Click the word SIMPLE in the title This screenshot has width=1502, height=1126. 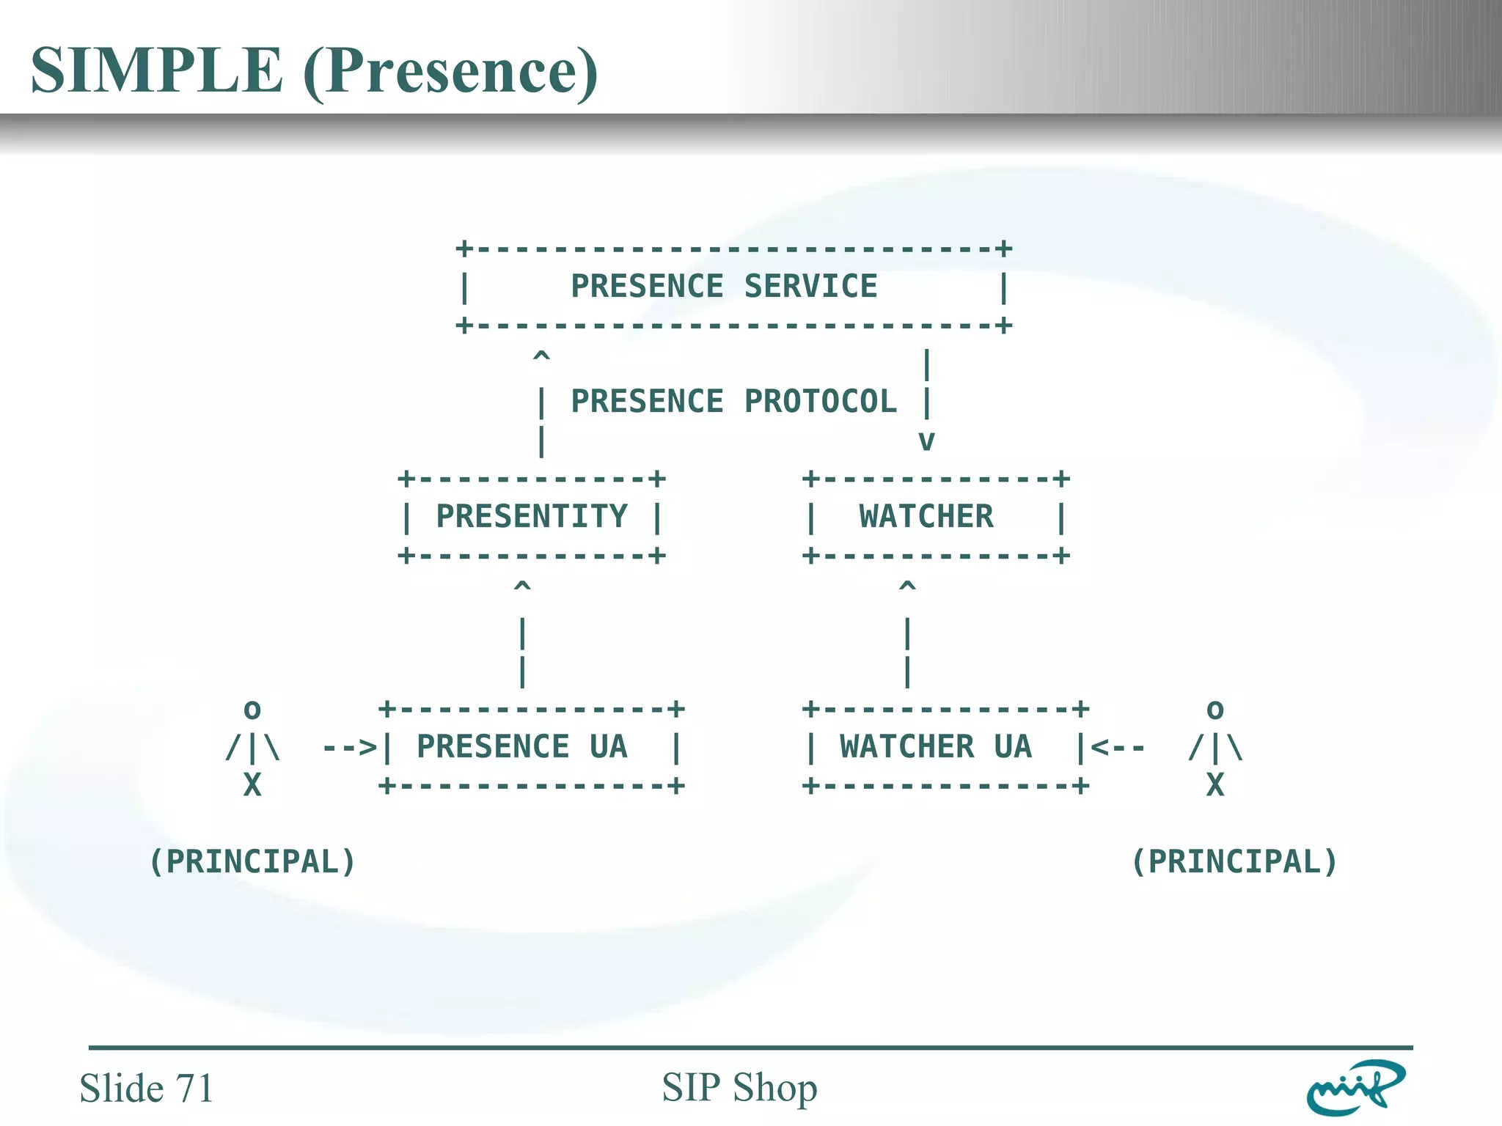(x=156, y=70)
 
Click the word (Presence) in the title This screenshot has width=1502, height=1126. (x=450, y=72)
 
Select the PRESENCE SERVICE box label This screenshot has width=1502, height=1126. (x=723, y=286)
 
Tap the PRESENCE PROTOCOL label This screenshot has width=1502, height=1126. (x=733, y=402)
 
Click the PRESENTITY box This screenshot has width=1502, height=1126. (x=531, y=517)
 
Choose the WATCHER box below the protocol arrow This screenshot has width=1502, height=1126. (x=926, y=517)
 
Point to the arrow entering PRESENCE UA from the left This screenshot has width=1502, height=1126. (x=350, y=748)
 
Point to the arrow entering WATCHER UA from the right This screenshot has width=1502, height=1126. (x=1118, y=748)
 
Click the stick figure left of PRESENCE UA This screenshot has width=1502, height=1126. (x=252, y=748)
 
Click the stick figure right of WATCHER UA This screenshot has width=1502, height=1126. (x=1215, y=748)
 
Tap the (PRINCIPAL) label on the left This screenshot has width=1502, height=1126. (x=252, y=862)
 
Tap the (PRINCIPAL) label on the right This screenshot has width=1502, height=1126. (x=1234, y=862)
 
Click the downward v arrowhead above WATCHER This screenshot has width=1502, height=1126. (x=926, y=441)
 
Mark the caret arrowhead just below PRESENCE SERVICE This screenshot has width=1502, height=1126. (x=541, y=357)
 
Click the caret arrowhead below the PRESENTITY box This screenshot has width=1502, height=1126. (x=522, y=586)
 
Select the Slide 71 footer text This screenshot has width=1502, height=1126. (x=146, y=1088)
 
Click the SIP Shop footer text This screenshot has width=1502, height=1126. (x=739, y=1088)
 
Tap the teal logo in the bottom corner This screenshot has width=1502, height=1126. (x=1355, y=1088)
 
